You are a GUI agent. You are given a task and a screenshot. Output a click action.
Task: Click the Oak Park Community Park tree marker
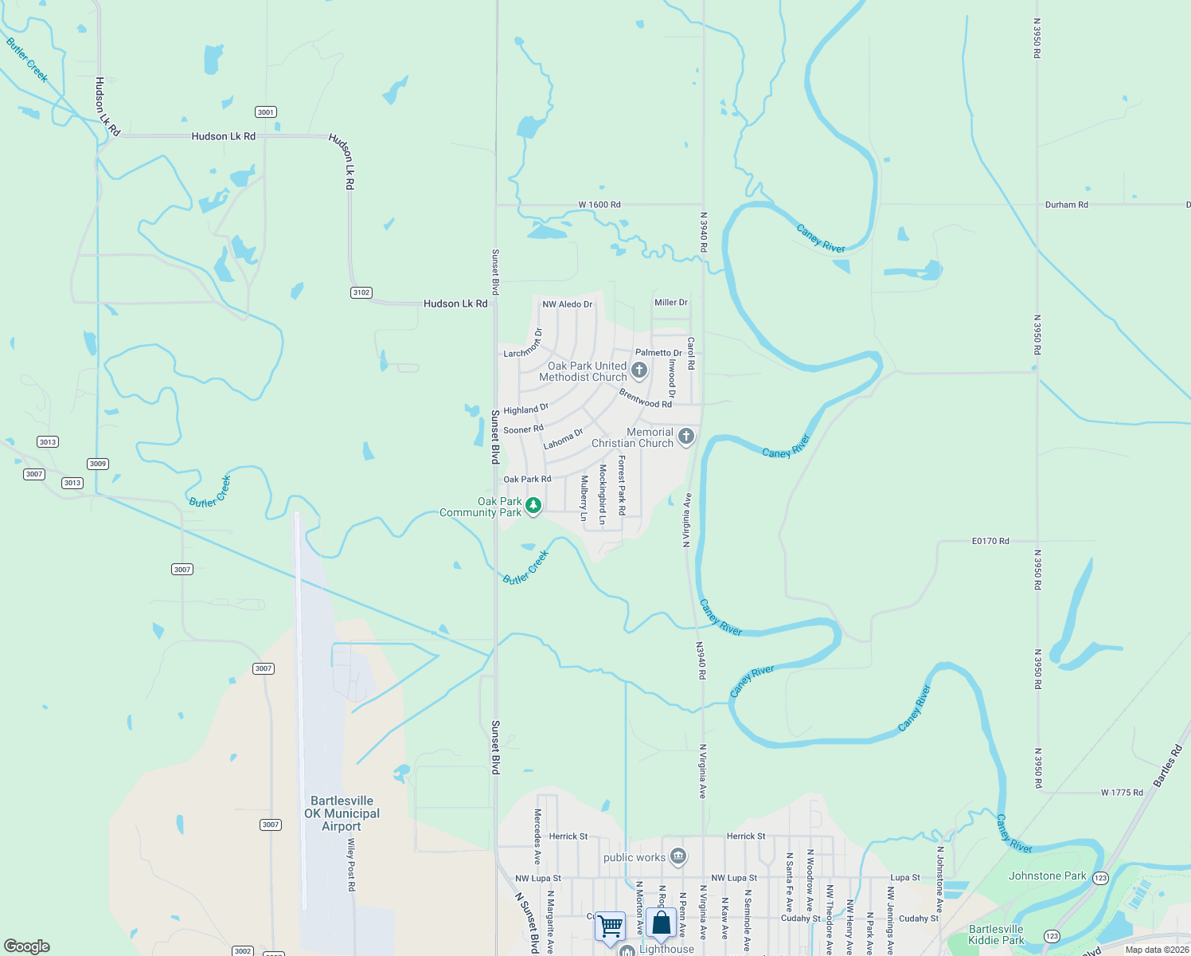coord(533,506)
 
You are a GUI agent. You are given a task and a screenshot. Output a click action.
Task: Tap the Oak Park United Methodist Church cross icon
coord(638,370)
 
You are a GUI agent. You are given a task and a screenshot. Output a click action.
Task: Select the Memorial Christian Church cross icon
coord(686,437)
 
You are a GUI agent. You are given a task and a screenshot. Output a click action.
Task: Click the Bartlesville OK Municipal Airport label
coord(342,813)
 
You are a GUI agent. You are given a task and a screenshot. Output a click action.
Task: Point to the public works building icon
coord(678,856)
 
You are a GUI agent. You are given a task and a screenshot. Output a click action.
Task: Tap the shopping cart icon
coord(610,927)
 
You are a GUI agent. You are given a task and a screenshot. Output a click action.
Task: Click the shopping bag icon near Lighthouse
coord(661,923)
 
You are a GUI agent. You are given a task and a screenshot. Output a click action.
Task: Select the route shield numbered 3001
coord(266,112)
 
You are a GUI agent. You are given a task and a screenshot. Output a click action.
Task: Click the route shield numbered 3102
coord(361,292)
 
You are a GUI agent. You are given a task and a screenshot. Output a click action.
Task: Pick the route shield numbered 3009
coord(98,464)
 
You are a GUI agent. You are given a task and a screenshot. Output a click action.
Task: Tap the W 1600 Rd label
coord(599,205)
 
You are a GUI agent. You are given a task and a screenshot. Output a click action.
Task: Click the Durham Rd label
coord(1066,205)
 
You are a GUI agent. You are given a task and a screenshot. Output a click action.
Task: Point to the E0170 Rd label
coord(990,541)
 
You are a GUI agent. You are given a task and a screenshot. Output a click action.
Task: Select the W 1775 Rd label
coord(1122,793)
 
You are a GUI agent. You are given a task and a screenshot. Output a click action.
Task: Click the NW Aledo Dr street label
coord(568,304)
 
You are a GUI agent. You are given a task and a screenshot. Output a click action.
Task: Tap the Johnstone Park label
coord(1047,876)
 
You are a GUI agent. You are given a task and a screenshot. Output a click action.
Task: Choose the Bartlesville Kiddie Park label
coord(996,934)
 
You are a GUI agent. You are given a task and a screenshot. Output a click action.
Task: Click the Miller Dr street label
coord(670,303)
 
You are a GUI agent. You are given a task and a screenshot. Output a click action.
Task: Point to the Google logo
coord(27,946)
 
